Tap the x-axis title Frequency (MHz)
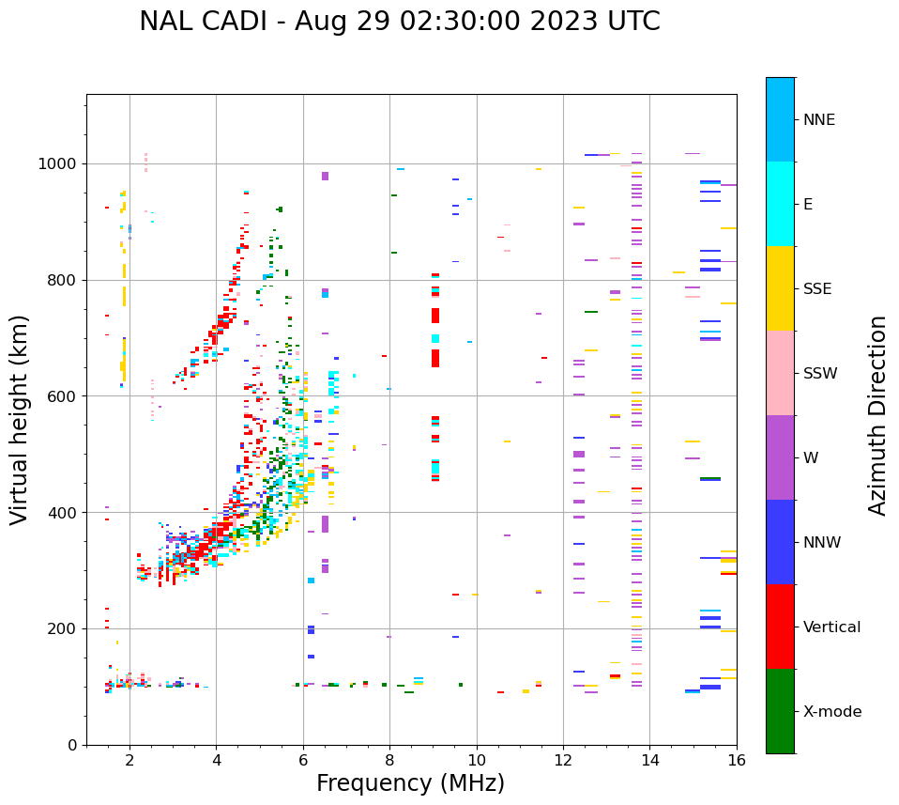[x=410, y=783]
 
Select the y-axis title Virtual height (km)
[x=20, y=419]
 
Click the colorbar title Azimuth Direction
[x=877, y=415]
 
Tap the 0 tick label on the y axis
[x=72, y=745]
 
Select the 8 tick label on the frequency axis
[x=389, y=760]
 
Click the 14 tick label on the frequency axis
[x=649, y=760]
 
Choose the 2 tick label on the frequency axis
[x=130, y=760]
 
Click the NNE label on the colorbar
[x=818, y=120]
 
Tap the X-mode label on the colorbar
[x=831, y=712]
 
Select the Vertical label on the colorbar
[x=831, y=627]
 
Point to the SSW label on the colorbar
[x=820, y=374]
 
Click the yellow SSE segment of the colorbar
[x=780, y=288]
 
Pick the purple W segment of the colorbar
[x=780, y=457]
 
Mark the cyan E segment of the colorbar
[x=780, y=204]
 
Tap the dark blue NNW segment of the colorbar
[x=780, y=542]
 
